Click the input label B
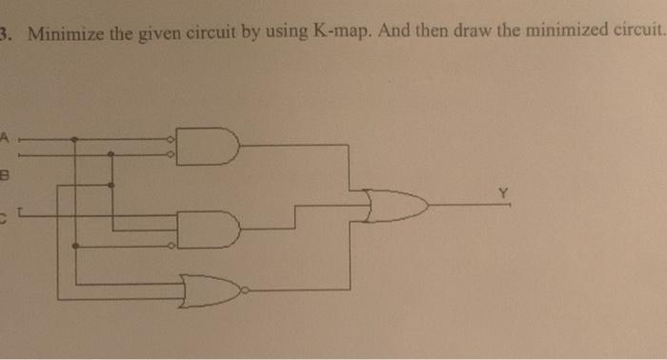click(4, 176)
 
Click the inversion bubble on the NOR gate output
click(245, 289)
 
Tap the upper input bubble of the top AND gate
click(171, 138)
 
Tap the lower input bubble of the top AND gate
click(171, 152)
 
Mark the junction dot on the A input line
click(74, 138)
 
